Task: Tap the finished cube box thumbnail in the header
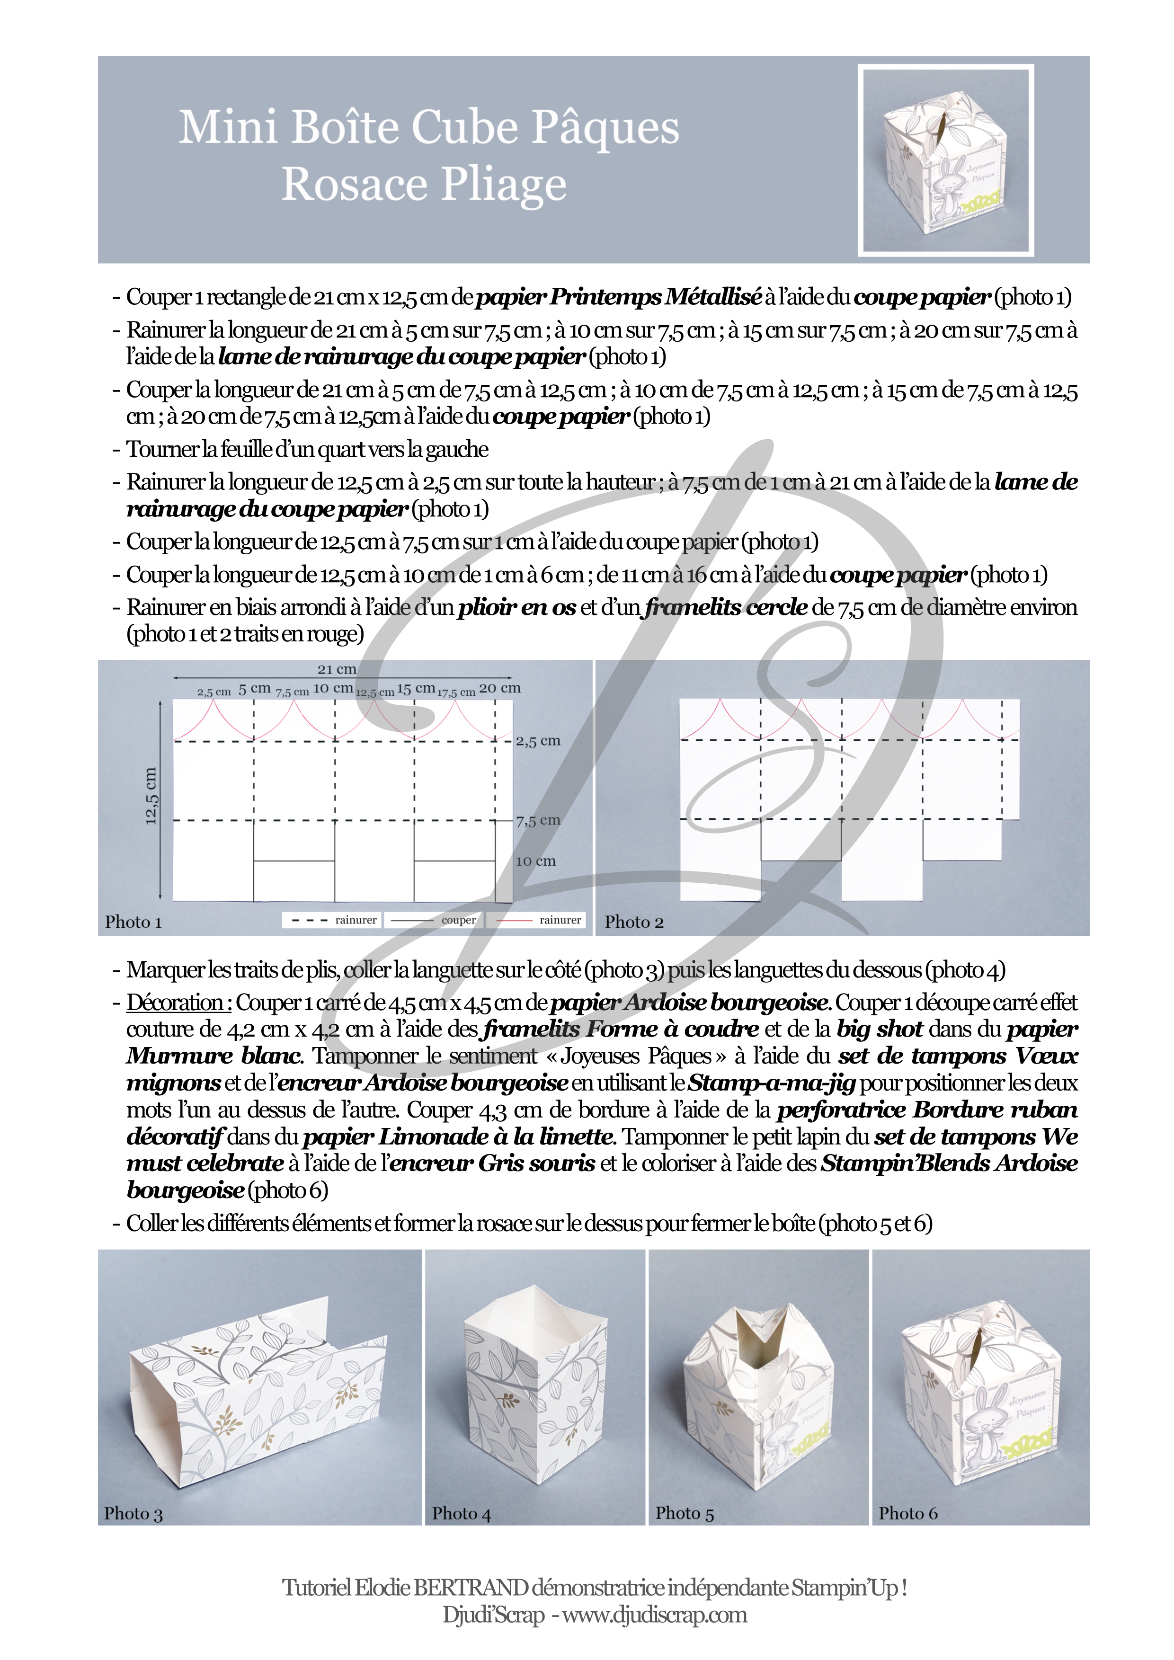(945, 160)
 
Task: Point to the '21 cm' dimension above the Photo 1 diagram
(337, 669)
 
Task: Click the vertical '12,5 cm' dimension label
(151, 795)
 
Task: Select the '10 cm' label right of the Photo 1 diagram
(536, 861)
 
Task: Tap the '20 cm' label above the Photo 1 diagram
(499, 688)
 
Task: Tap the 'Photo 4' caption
(461, 1513)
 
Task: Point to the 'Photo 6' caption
(908, 1513)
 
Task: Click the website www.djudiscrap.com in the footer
(654, 1615)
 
